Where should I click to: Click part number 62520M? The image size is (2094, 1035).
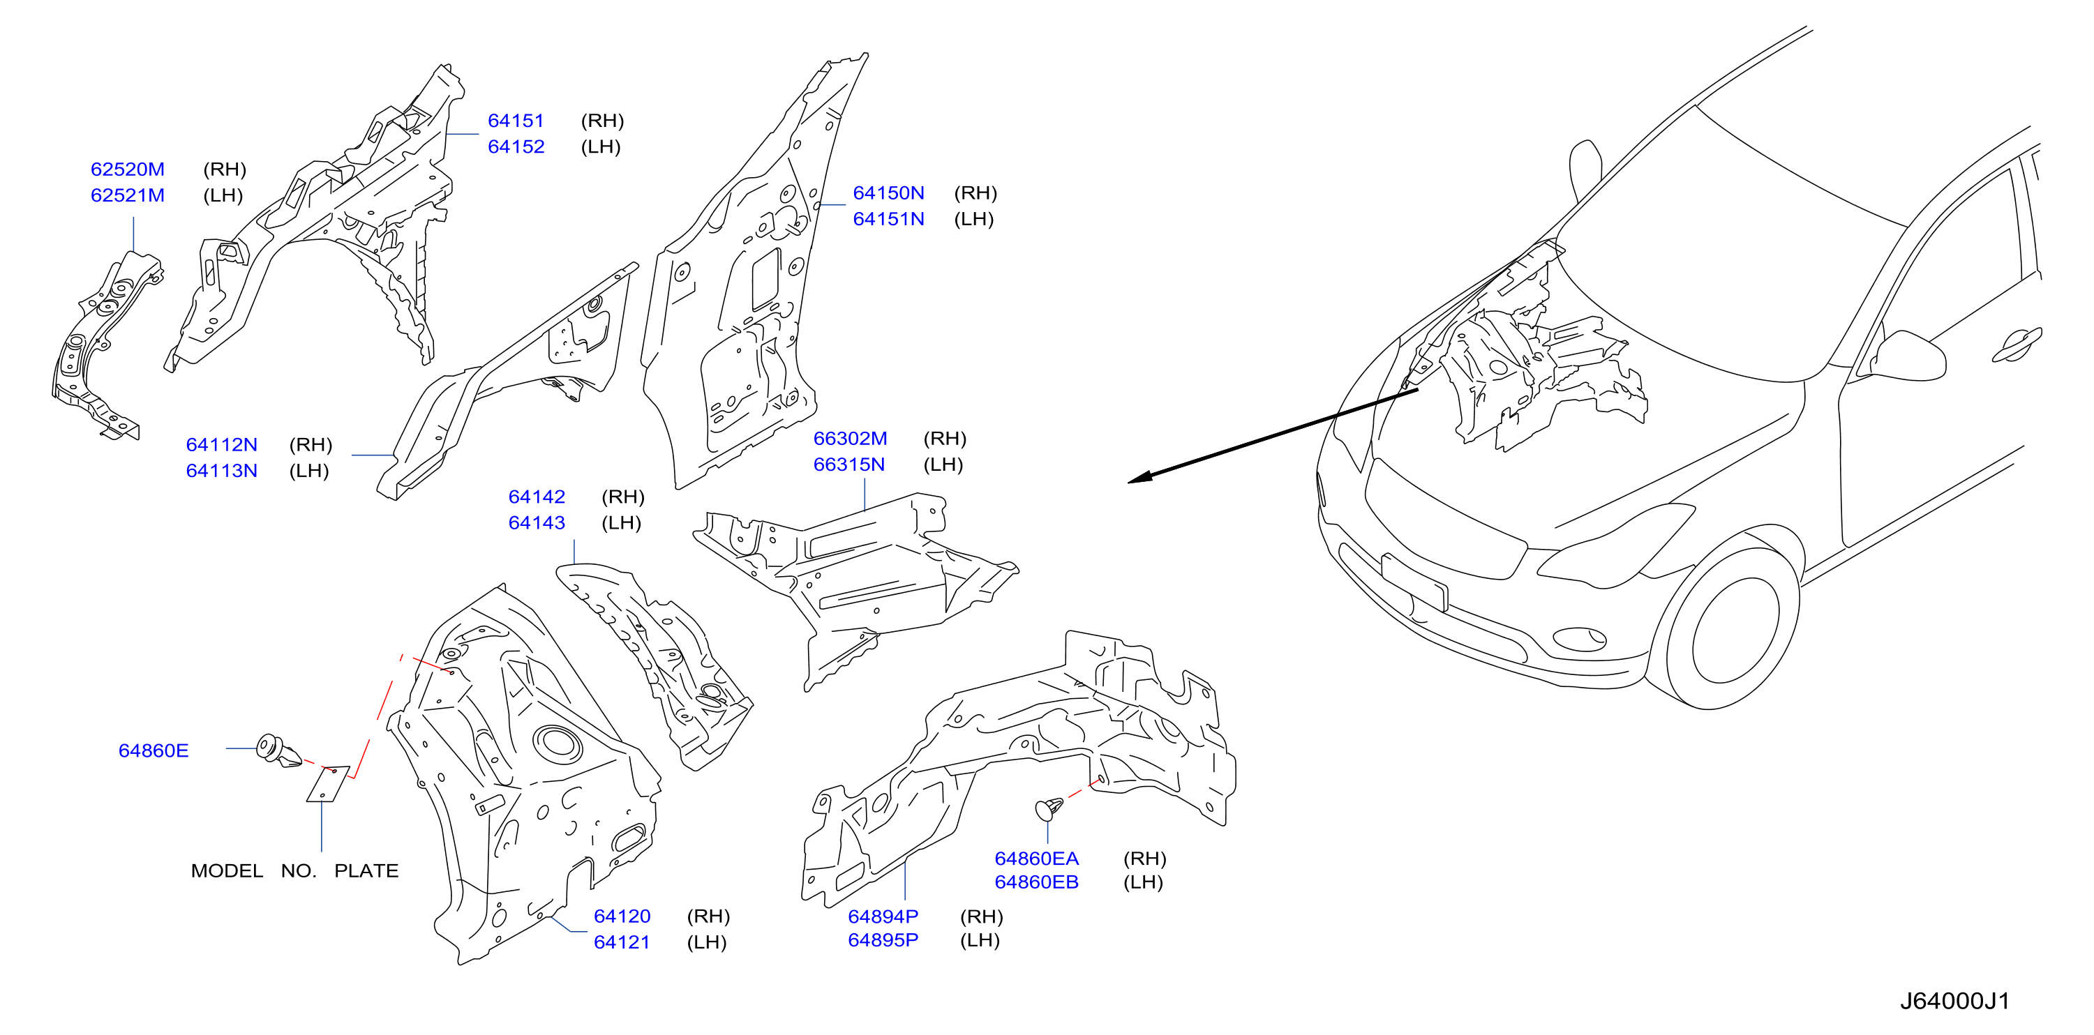128,169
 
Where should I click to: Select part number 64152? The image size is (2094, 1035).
516,146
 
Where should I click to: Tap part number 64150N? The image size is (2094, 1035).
888,192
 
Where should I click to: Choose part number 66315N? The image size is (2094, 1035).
849,464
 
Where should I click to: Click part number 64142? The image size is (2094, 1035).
537,497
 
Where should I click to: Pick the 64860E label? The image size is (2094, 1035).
154,750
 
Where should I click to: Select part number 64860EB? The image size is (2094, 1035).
1036,882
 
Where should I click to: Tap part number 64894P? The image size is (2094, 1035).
883,916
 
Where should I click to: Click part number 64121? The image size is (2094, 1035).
622,942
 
